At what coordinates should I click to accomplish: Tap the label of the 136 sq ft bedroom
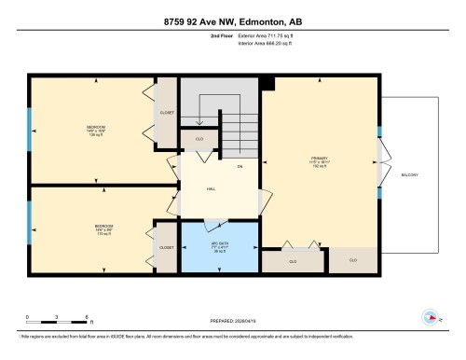tap(95, 131)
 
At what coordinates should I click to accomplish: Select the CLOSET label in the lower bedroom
tap(166, 248)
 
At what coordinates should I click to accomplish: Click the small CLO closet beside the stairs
tap(199, 139)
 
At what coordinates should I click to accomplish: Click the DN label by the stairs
tap(240, 166)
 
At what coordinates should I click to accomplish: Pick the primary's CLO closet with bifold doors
tap(292, 262)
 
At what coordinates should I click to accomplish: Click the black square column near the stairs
tap(268, 84)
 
